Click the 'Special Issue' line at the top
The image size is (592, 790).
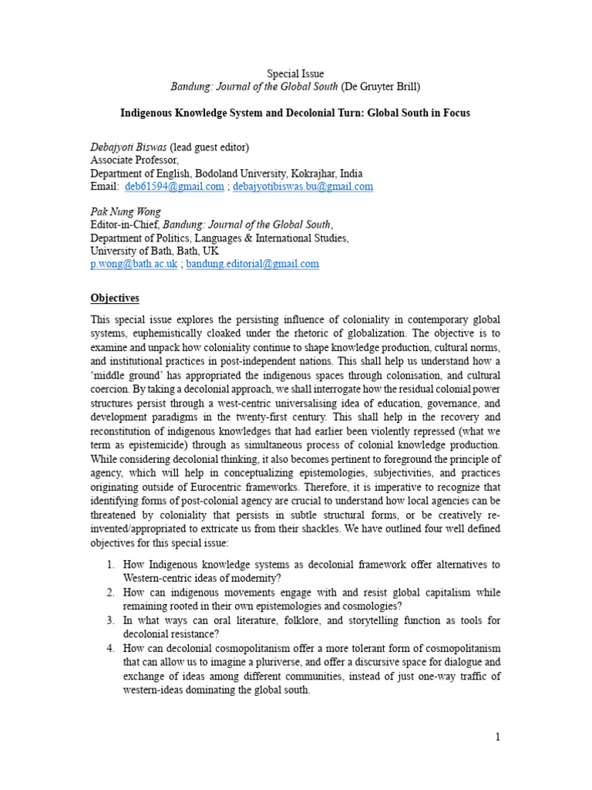[295, 74]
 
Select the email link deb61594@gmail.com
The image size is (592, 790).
[174, 187]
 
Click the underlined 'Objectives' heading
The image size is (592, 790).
[115, 298]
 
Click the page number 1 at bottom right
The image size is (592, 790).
[498, 737]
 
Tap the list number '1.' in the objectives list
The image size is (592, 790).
[110, 565]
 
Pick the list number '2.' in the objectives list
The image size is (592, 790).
[110, 592]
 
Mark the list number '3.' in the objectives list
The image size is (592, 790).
[110, 620]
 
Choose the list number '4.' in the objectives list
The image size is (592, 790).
[110, 649]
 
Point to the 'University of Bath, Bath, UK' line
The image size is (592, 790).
[154, 251]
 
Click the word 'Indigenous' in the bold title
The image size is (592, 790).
[151, 113]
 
